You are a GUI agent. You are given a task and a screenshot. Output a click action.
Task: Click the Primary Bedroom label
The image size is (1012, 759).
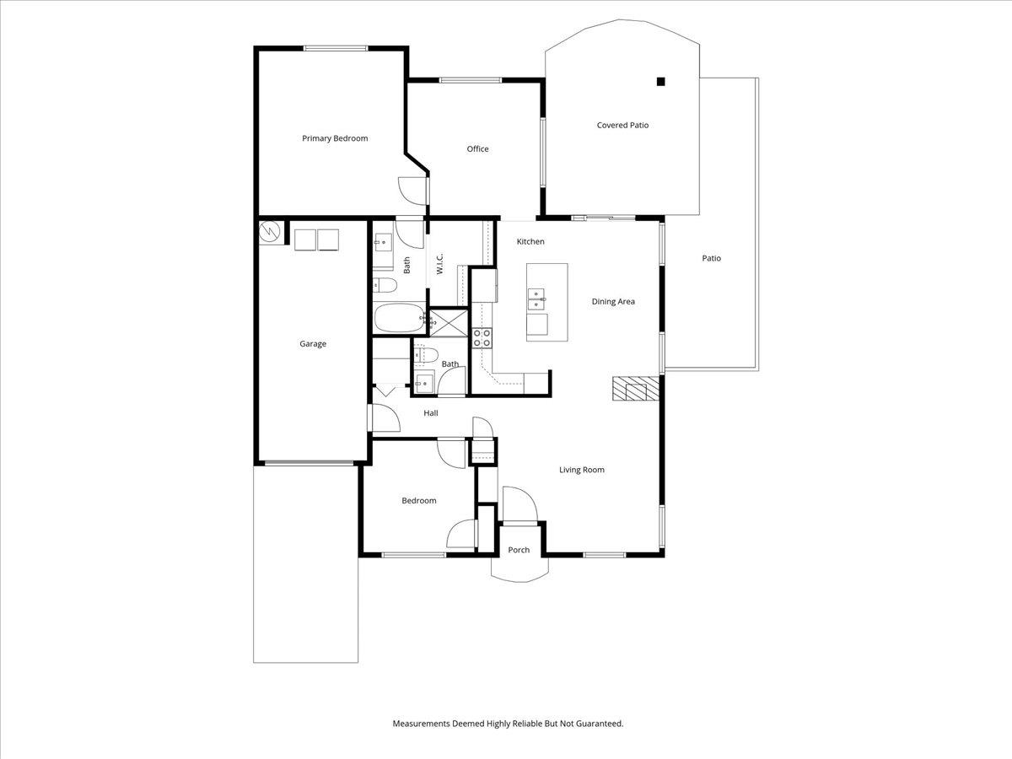pyautogui.click(x=335, y=138)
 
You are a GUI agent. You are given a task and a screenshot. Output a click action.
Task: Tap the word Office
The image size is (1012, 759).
pyautogui.click(x=477, y=149)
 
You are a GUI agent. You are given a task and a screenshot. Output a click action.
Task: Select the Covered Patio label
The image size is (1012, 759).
pyautogui.click(x=622, y=126)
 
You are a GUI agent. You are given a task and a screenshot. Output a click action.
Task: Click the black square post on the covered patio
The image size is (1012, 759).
pyautogui.click(x=661, y=82)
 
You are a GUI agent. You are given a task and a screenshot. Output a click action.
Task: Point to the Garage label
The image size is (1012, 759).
pyautogui.click(x=313, y=344)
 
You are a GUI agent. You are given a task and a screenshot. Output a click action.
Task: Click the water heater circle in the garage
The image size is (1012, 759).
pyautogui.click(x=271, y=230)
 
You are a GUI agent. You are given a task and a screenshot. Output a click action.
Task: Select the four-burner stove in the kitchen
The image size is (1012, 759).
pyautogui.click(x=482, y=338)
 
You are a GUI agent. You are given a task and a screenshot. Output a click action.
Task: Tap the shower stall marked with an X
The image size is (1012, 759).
pyautogui.click(x=448, y=321)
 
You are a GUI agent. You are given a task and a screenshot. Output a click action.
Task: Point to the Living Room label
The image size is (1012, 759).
pyautogui.click(x=582, y=470)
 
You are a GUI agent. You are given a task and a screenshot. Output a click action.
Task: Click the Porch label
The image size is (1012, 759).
pyautogui.click(x=519, y=550)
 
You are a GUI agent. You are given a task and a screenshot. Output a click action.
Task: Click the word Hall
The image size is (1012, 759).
pyautogui.click(x=431, y=413)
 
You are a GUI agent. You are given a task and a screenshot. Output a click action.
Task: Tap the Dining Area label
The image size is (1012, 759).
pyautogui.click(x=613, y=301)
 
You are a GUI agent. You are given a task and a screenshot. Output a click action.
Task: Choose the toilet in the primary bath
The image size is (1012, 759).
pyautogui.click(x=382, y=283)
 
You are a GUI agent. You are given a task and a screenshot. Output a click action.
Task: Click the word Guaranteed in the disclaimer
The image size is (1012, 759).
pyautogui.click(x=595, y=724)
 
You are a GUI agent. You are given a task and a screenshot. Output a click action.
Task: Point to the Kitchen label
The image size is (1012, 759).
pyautogui.click(x=530, y=242)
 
